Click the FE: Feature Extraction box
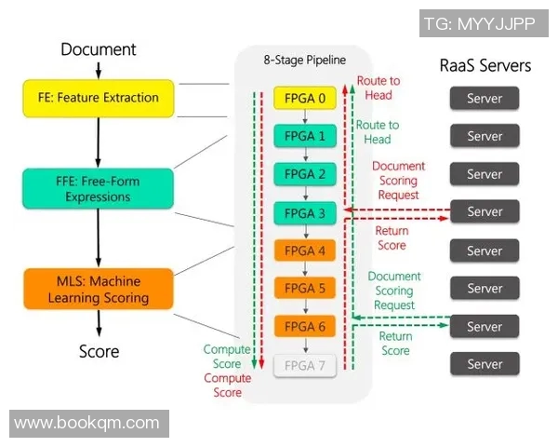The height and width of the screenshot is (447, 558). coord(99,98)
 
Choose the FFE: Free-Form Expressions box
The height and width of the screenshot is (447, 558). coord(99,189)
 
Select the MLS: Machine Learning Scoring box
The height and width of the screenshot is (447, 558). coord(99,290)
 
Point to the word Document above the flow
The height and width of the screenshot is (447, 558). coord(99,49)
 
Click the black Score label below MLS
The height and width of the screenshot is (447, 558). coord(99,351)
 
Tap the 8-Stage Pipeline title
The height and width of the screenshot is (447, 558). coord(303,60)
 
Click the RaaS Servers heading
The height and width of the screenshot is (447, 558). coord(485,65)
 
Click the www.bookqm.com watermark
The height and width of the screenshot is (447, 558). coord(87,423)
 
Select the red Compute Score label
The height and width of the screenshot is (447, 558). coord(228,386)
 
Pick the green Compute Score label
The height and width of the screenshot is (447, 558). coord(227,357)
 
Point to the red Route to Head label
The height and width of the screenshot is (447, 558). coord(378,88)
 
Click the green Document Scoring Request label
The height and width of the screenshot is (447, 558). coord(394,291)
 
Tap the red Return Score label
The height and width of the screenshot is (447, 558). coord(392,238)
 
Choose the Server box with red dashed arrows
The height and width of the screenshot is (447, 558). coord(485,212)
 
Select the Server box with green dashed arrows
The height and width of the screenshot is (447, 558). coord(485,327)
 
